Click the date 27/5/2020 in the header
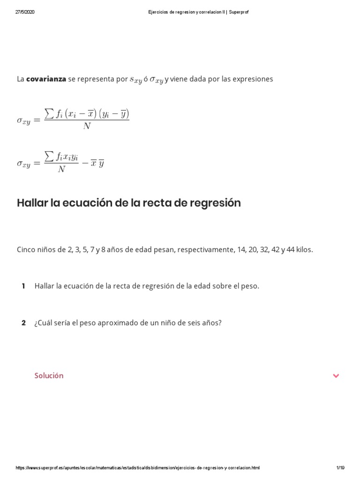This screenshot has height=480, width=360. pos(25,12)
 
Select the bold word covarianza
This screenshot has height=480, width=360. pos(46,79)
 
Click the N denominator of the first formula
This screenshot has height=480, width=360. pos(87,126)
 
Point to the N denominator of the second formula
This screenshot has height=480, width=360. pos(61,169)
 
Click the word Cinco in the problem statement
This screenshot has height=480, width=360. pos(26,249)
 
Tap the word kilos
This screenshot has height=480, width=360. pos(304,249)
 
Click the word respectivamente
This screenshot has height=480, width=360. pos(206,249)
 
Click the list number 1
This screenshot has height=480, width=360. pos(23,286)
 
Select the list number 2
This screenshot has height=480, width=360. pos(23,323)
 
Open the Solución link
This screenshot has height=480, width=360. pos(49,375)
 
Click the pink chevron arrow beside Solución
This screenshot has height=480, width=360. pos(336,375)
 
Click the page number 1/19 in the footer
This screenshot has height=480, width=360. pos(340,468)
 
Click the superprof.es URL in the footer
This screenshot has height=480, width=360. pos(137,468)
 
